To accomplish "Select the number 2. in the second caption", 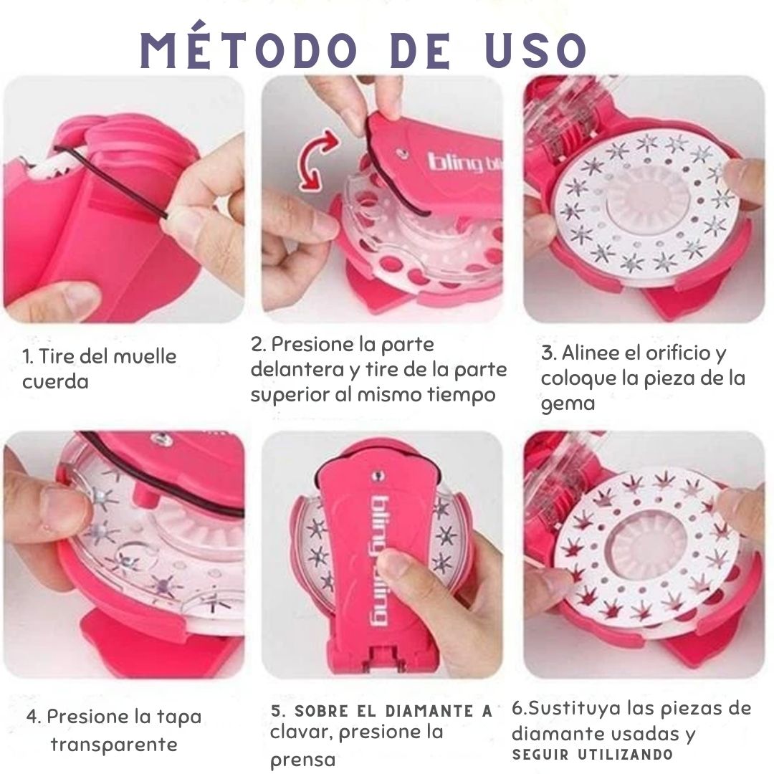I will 259,344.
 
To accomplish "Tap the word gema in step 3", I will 558,403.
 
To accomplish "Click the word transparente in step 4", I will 113,744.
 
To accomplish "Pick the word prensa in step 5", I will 302,760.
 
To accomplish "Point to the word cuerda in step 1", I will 55,381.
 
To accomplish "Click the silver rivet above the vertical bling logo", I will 379,474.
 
